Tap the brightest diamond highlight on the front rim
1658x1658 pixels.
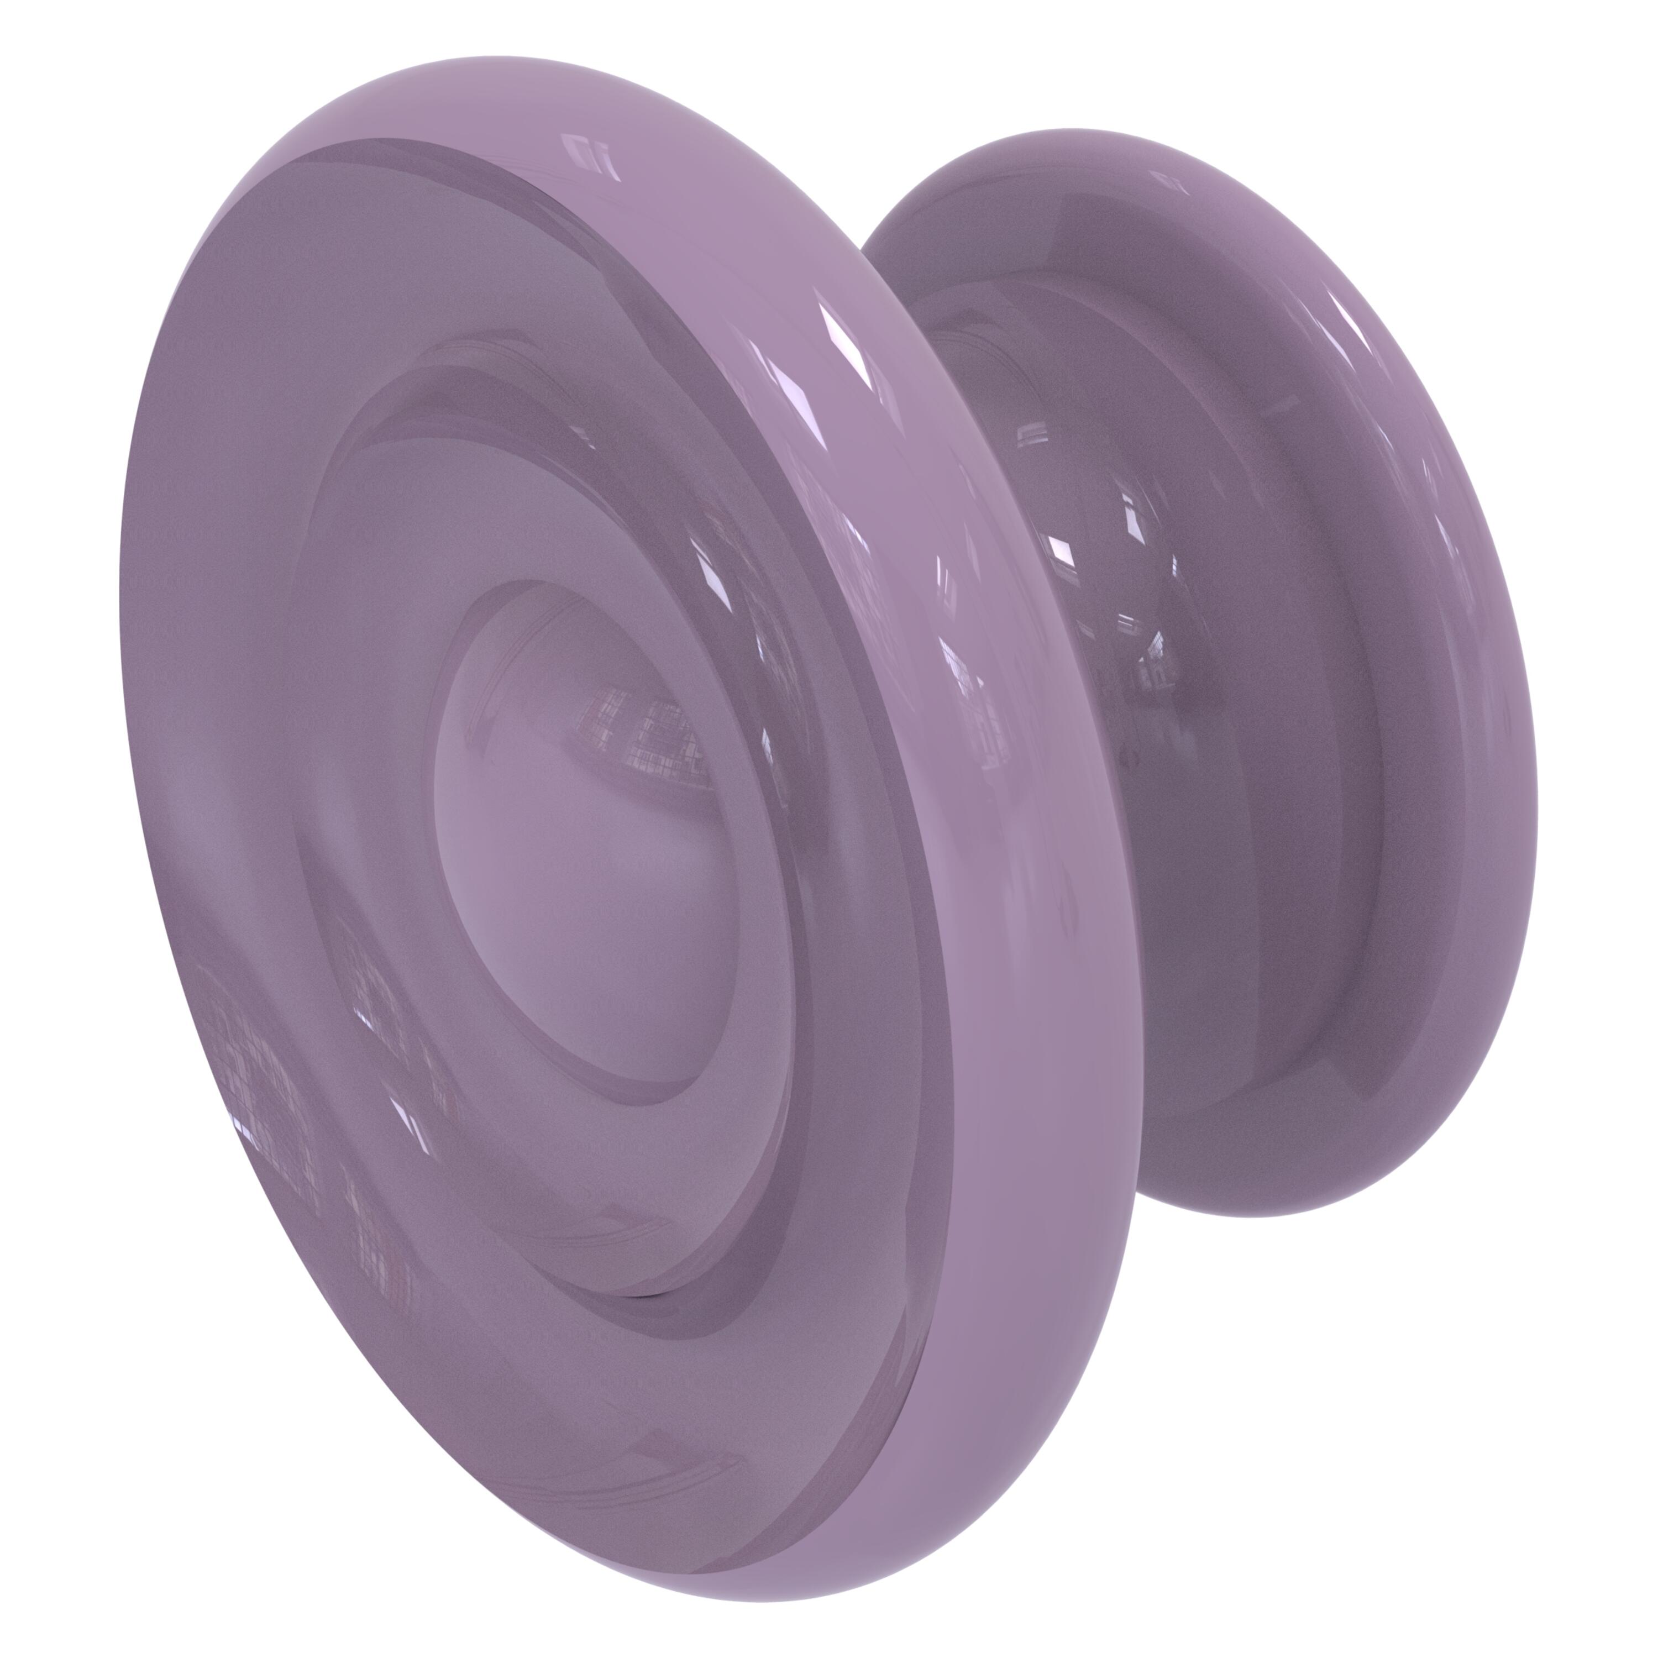(846, 343)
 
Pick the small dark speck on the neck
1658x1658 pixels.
(1134, 759)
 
